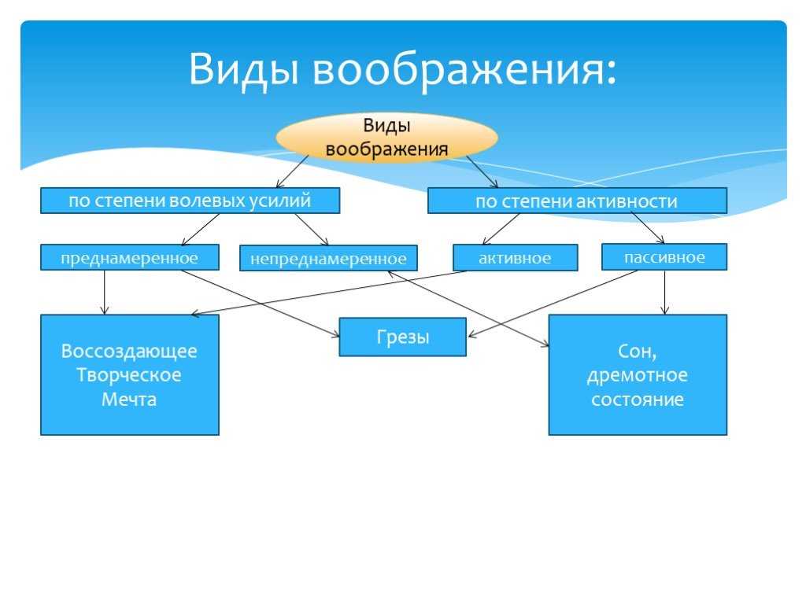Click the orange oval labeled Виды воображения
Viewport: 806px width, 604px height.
(x=386, y=137)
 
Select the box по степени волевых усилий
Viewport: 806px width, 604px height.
(x=190, y=201)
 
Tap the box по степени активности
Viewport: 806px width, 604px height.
(x=577, y=201)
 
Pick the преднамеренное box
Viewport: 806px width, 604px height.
(x=130, y=257)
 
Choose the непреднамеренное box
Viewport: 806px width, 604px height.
(x=328, y=258)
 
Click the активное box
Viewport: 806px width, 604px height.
(x=515, y=257)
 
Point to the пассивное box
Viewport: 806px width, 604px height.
(x=664, y=257)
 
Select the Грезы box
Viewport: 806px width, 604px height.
(x=402, y=337)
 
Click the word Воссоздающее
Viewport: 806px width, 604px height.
(x=129, y=352)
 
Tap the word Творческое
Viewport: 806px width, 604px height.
(x=129, y=375)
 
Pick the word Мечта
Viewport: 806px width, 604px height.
(x=129, y=399)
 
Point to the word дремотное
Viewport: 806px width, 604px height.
(x=638, y=375)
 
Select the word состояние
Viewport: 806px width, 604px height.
(x=638, y=400)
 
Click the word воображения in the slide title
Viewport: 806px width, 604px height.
(x=464, y=69)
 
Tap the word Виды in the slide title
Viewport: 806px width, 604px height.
(x=244, y=69)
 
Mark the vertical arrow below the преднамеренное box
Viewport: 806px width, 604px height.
(x=105, y=293)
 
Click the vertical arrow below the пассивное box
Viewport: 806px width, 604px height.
(x=664, y=293)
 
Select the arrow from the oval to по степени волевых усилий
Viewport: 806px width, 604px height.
(x=292, y=171)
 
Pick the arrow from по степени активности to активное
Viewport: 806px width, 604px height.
(x=501, y=229)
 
